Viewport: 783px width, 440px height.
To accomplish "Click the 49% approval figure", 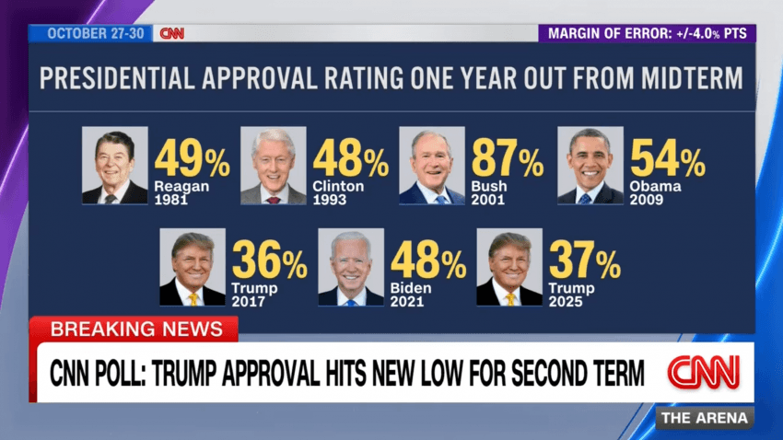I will point(192,161).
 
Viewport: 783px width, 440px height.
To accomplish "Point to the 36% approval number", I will point(269,262).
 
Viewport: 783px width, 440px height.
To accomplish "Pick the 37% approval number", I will point(585,262).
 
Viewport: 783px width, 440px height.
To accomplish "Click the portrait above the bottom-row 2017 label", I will point(193,267).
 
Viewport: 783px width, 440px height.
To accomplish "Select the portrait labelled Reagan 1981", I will point(114,166).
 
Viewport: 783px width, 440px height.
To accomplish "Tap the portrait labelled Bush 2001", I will point(431,166).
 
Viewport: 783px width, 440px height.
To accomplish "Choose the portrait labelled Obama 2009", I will point(590,166).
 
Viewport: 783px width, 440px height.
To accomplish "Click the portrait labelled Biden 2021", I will point(351,267).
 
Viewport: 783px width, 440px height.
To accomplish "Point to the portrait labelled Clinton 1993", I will point(274,166).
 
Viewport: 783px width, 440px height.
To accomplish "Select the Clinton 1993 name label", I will point(338,192).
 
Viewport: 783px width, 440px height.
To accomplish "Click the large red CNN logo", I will point(703,372).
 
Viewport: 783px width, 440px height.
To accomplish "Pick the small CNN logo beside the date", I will point(172,33).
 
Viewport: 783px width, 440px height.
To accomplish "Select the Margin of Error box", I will point(647,33).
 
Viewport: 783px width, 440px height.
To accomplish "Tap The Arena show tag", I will point(705,418).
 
